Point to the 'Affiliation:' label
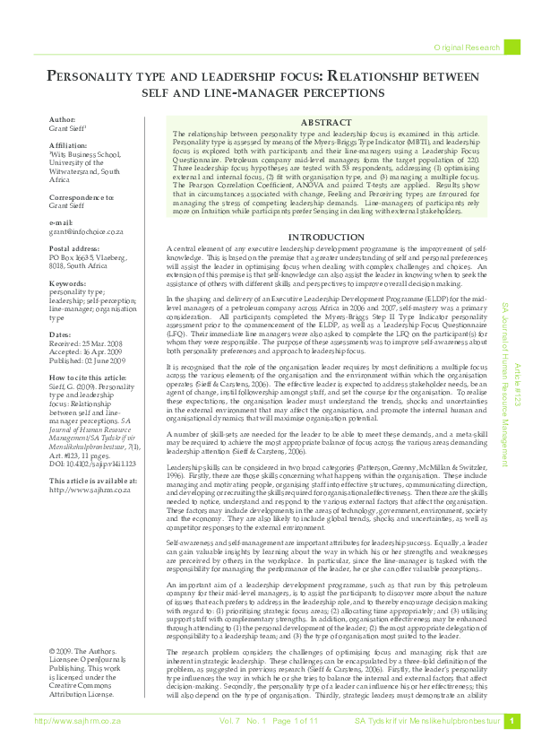(x=69, y=143)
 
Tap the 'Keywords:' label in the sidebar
(x=68, y=283)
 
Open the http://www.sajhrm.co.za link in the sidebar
(x=85, y=464)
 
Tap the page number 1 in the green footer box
(x=512, y=746)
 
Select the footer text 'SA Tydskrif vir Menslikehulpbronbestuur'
(x=425, y=746)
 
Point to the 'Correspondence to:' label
(x=82, y=195)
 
